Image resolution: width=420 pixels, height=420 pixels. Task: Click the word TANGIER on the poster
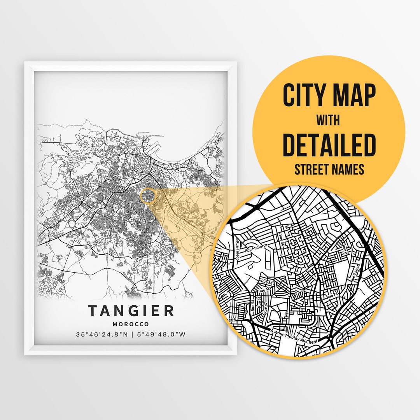pos(131,311)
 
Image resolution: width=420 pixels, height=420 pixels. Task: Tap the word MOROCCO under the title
pos(131,324)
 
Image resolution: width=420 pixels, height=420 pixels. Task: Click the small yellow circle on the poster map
pos(148,195)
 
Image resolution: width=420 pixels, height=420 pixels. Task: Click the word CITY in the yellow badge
pos(305,96)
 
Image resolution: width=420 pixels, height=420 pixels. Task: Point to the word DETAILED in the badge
pos(329,145)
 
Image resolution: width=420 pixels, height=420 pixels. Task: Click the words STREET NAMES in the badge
pos(329,170)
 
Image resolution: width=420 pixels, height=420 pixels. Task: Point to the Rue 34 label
pos(268,282)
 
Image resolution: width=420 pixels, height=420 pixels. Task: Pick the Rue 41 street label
pos(265,290)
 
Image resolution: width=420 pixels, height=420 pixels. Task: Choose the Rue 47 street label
pos(266,308)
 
